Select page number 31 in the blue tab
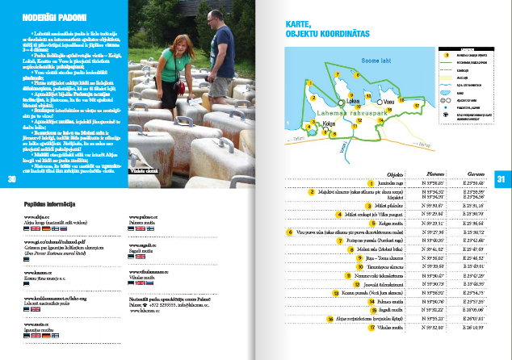501,178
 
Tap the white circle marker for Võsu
381,103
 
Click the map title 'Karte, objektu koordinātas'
321,30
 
